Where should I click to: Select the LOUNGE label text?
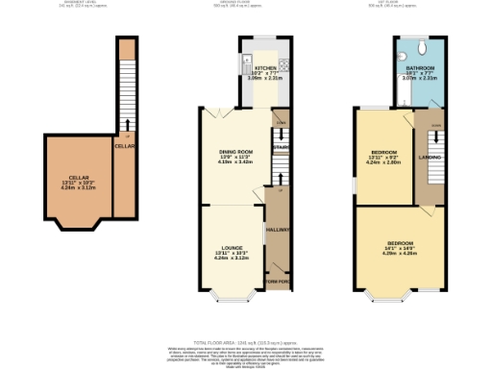(219, 247)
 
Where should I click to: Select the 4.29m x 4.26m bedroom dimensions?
(400, 254)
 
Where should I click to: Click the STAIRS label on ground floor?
(281, 148)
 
